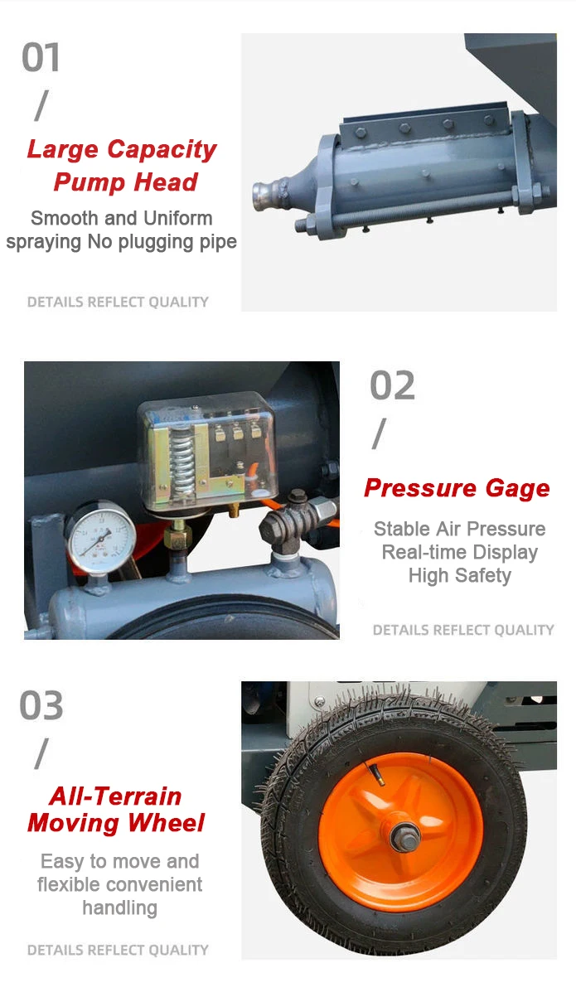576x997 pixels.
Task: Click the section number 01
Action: click(x=41, y=58)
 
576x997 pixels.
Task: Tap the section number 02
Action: click(x=392, y=386)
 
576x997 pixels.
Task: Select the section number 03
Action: click(x=41, y=706)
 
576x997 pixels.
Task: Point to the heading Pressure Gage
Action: click(x=457, y=488)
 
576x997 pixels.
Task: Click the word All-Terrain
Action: click(x=115, y=796)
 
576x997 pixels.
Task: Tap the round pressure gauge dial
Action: click(x=100, y=540)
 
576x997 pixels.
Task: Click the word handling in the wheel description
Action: click(x=119, y=907)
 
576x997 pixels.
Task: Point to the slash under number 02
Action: click(x=380, y=433)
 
